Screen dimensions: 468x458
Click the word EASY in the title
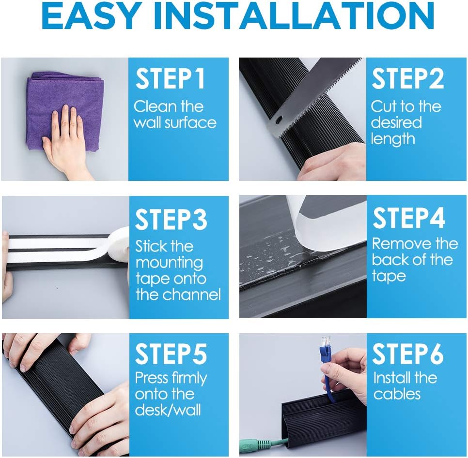coord(92,15)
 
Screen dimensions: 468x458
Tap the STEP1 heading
coord(170,79)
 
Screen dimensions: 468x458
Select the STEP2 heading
coord(408,78)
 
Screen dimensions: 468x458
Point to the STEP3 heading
coord(171,219)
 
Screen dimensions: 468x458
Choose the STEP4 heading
coord(409,218)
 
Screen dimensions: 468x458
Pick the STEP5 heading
coord(171,354)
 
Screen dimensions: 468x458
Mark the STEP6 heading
coord(408,354)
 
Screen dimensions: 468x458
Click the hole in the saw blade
coord(279,121)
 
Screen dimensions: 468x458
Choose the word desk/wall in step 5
coord(168,410)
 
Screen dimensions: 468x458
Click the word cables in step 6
coord(397,394)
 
